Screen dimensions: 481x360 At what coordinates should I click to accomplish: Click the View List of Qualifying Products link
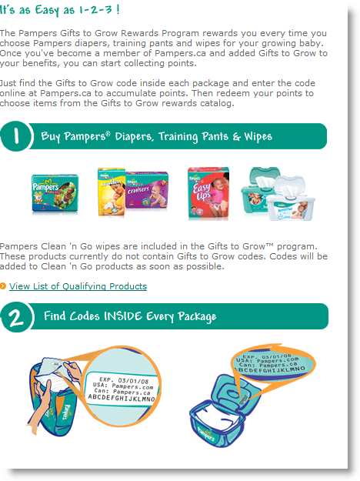click(x=78, y=286)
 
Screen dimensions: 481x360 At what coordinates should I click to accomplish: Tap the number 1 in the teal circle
click(x=15, y=137)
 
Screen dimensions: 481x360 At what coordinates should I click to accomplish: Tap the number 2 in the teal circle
click(x=15, y=317)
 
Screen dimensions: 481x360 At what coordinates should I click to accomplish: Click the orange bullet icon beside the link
click(x=4, y=286)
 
